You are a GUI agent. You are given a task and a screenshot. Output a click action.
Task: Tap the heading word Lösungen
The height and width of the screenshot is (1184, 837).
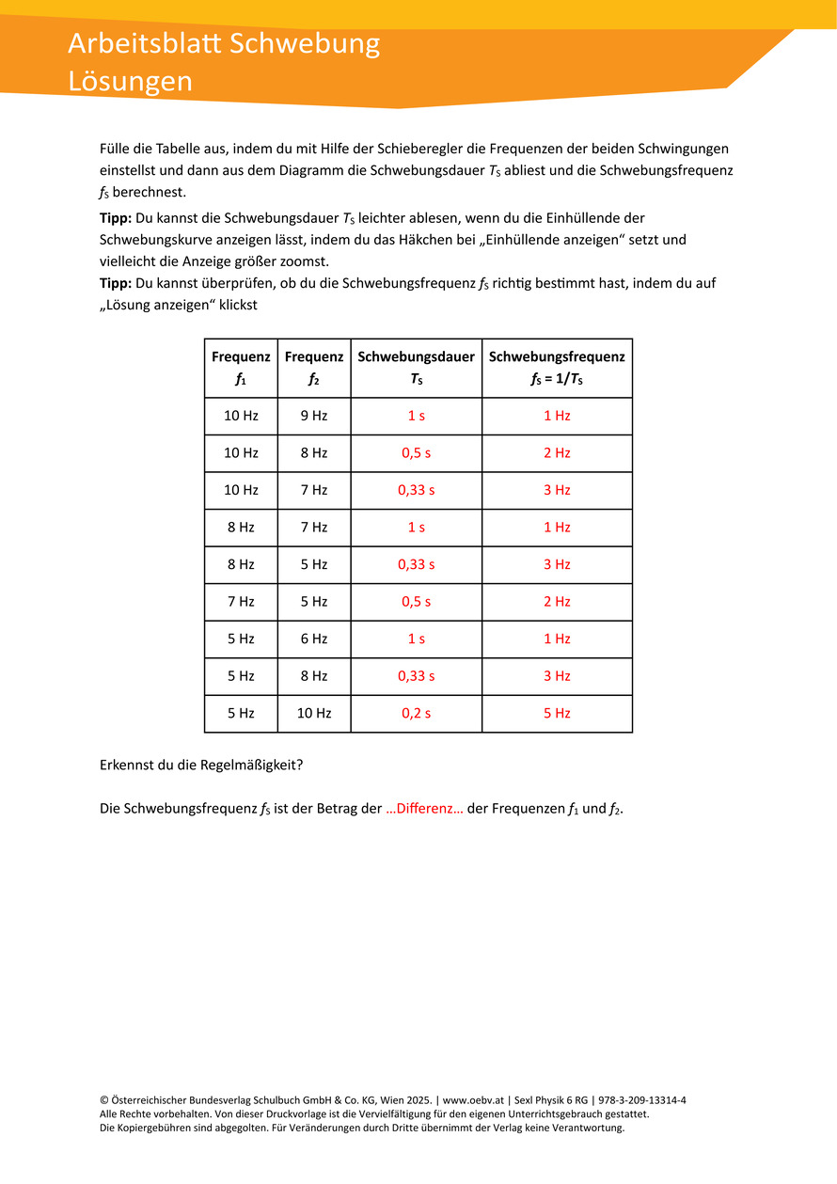pyautogui.click(x=130, y=81)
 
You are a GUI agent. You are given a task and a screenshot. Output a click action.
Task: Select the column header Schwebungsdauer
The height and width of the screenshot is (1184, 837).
pyautogui.click(x=416, y=357)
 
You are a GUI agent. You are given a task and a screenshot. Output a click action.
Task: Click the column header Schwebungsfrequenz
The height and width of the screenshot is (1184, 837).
pyautogui.click(x=557, y=357)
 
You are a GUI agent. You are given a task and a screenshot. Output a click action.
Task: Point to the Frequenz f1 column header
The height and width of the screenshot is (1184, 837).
pyautogui.click(x=241, y=368)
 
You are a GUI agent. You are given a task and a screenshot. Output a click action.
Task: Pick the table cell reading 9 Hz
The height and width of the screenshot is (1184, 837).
pyautogui.click(x=314, y=416)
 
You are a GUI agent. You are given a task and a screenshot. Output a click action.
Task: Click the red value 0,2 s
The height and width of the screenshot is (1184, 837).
pyautogui.click(x=416, y=714)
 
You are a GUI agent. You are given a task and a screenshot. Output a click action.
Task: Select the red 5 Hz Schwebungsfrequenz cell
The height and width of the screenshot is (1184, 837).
pyautogui.click(x=557, y=714)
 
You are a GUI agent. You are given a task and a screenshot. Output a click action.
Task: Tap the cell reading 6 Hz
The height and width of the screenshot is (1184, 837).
pyautogui.click(x=314, y=639)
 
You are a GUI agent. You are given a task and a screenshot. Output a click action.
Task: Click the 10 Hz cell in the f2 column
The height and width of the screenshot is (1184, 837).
pyautogui.click(x=314, y=714)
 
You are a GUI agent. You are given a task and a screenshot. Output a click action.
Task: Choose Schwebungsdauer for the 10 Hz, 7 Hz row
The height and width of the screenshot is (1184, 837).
pyautogui.click(x=416, y=490)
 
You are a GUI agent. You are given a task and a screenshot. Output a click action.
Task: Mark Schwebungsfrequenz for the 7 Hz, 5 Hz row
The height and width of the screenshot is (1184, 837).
pyautogui.click(x=557, y=602)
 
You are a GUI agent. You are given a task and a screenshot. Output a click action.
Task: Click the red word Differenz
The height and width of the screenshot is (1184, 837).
pyautogui.click(x=424, y=809)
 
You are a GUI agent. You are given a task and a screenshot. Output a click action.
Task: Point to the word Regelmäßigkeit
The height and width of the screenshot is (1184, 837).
pyautogui.click(x=250, y=765)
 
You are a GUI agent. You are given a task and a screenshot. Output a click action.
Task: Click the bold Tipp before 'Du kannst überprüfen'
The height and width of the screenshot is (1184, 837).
pyautogui.click(x=116, y=283)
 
